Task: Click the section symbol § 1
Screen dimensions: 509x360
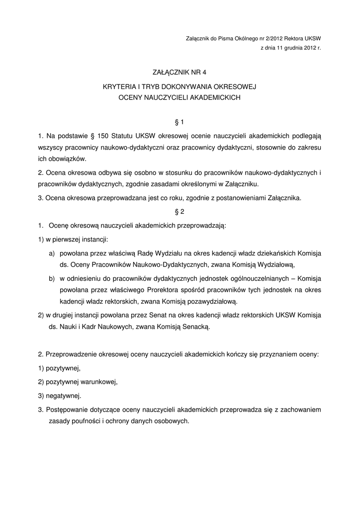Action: coord(180,122)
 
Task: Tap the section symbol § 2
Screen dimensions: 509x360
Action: coord(180,211)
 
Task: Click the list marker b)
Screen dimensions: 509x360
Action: coord(52,279)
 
